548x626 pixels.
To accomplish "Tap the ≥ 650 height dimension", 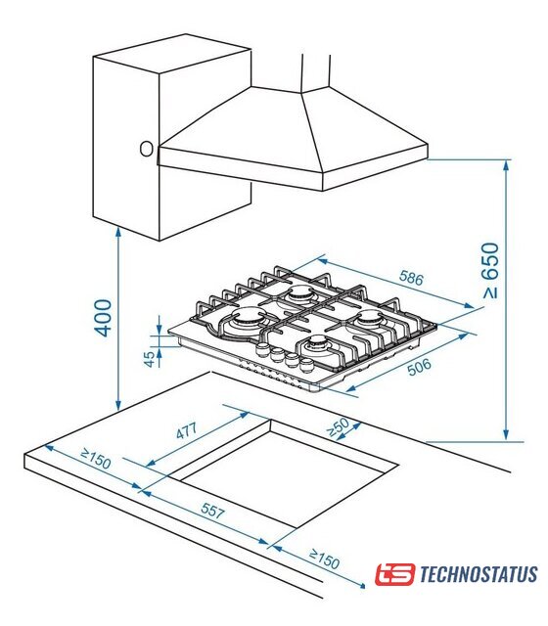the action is tap(491, 270).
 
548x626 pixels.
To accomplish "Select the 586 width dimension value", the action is tap(411, 278).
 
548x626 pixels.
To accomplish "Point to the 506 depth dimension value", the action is tap(419, 367).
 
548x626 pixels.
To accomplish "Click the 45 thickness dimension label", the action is tap(150, 359).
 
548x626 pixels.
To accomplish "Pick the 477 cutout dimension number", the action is tap(187, 430).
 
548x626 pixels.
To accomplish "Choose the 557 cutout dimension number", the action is tap(212, 511).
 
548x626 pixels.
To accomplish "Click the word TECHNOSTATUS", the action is tap(479, 574).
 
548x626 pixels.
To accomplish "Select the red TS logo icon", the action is tap(394, 574).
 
